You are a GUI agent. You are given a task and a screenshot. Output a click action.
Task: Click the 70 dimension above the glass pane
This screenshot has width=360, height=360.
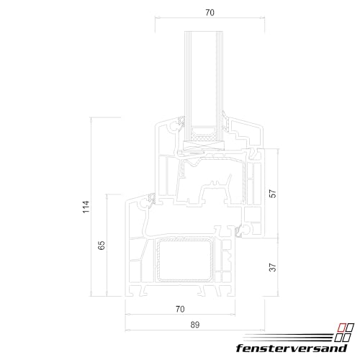pos(210,12)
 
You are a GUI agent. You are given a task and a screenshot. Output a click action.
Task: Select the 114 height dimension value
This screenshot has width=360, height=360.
pos(86,207)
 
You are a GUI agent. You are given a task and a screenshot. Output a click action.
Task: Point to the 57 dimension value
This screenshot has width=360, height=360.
pos(272,194)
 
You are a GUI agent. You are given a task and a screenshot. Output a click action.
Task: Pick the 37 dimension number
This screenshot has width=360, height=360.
pos(272,266)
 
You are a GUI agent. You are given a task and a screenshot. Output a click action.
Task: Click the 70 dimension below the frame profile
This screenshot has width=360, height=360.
pos(180,309)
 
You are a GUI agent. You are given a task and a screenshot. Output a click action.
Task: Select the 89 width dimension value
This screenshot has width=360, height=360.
pos(194,325)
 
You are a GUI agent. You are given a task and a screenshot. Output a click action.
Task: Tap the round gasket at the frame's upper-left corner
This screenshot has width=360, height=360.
pos(151,197)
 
